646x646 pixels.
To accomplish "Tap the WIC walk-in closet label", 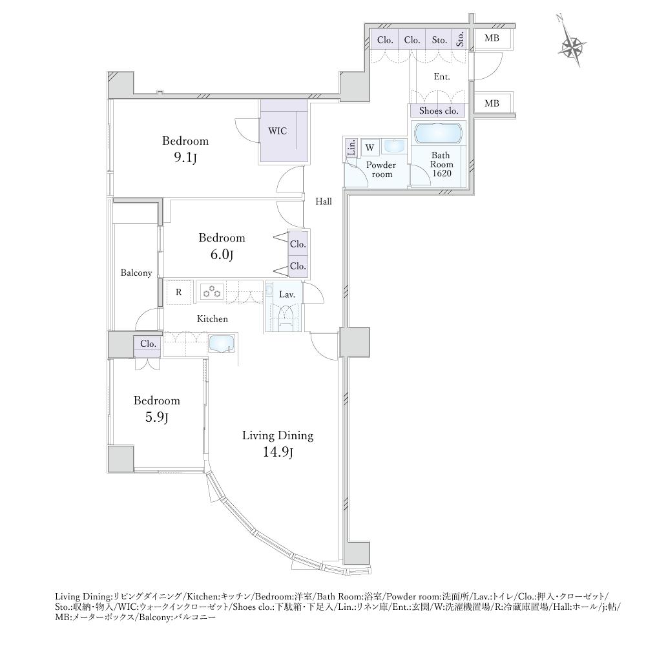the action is [x=277, y=131].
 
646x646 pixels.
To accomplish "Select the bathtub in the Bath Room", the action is [x=439, y=133].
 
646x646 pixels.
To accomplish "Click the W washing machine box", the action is [x=370, y=147].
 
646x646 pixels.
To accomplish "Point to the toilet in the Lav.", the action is [x=285, y=316].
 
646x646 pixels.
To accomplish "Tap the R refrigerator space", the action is [x=179, y=292].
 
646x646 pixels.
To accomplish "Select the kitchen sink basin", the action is [x=222, y=344].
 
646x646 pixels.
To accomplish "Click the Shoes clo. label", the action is [x=439, y=111].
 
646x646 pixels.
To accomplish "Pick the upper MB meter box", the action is [x=492, y=38].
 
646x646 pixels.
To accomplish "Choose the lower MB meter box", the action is [x=492, y=103].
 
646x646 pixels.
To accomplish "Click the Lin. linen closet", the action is [x=351, y=147].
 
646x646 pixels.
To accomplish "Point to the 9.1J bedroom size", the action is [x=185, y=158].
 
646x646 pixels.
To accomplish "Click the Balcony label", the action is [x=136, y=273].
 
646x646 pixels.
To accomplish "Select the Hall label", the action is [x=324, y=202].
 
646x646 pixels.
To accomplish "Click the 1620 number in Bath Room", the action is [x=441, y=173].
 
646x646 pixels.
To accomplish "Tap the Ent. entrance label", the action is [x=442, y=77].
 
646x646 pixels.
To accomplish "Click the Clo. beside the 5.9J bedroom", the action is [x=148, y=344].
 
